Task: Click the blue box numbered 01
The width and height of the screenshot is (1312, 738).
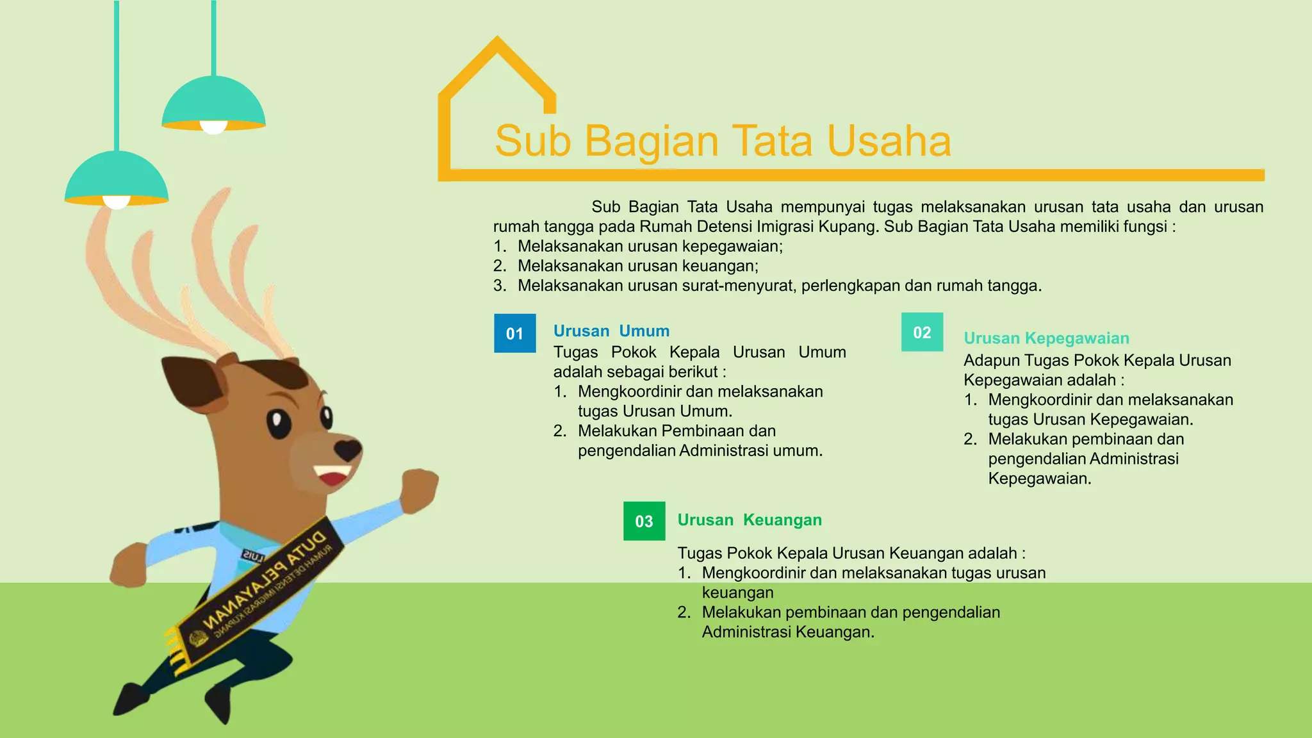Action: pyautogui.click(x=514, y=333)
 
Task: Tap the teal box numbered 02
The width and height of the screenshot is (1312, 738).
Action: pyautogui.click(x=922, y=332)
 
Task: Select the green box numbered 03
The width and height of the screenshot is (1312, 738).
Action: pyautogui.click(x=644, y=521)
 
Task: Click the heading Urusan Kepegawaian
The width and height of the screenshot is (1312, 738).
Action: pyautogui.click(x=1046, y=338)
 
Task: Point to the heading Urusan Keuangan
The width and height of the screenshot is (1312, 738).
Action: pyautogui.click(x=750, y=520)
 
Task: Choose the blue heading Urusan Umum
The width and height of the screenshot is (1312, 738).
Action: pyautogui.click(x=611, y=331)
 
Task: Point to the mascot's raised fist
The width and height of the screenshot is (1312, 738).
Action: pyautogui.click(x=420, y=489)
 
